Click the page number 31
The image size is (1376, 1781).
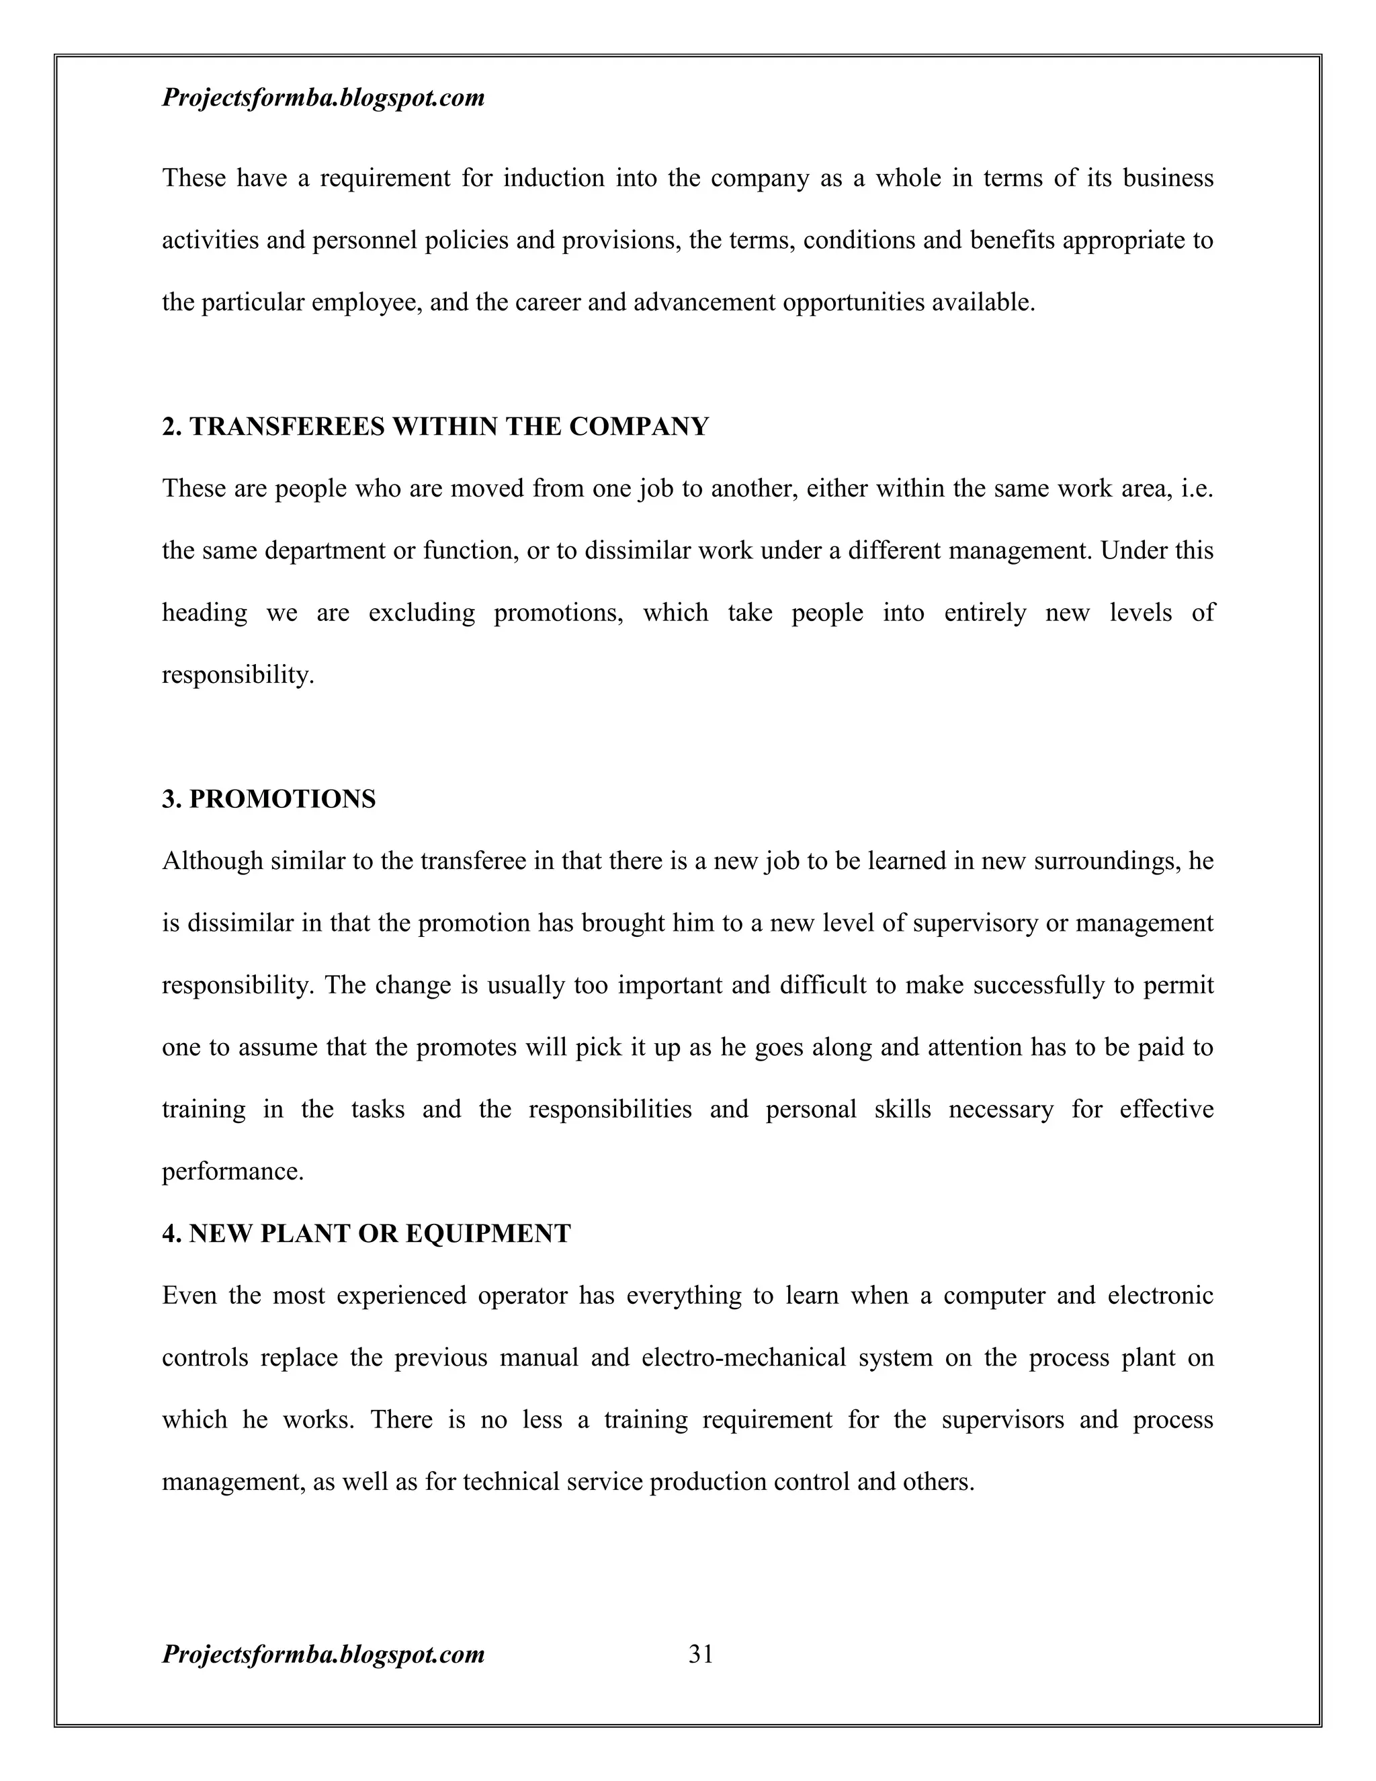[701, 1654]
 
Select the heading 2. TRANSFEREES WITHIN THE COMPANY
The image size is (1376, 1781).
[435, 427]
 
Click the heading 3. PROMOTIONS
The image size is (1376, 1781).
[269, 799]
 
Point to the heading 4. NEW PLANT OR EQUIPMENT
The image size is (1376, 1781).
[366, 1233]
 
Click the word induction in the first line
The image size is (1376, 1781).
[554, 178]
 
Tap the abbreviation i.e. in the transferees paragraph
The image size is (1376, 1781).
[1197, 489]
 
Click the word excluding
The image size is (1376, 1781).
[421, 612]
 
